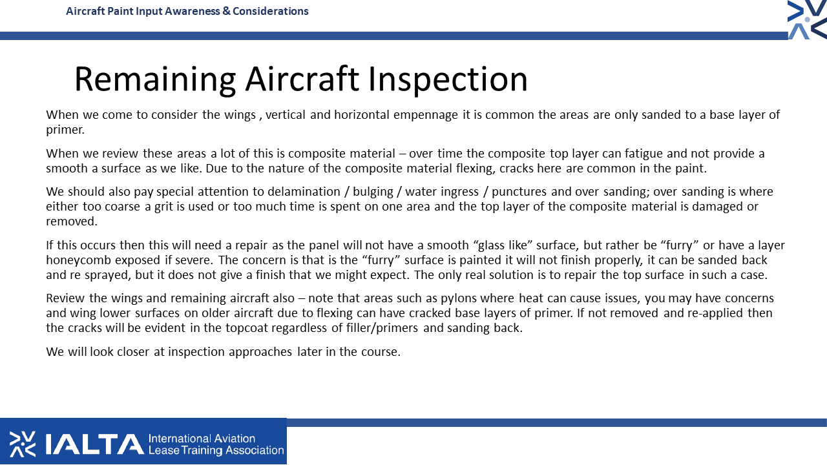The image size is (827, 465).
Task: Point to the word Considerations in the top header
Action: pyautogui.click(x=270, y=11)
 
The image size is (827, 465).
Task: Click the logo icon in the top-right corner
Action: pyautogui.click(x=807, y=19)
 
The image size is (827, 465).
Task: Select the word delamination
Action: pyautogui.click(x=304, y=192)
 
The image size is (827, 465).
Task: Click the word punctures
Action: pyautogui.click(x=519, y=192)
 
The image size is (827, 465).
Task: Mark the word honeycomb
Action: pyautogui.click(x=78, y=260)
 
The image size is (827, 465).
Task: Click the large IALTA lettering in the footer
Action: pyautogui.click(x=94, y=444)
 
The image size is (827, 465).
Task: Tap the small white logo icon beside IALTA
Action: pyautogui.click(x=23, y=444)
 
